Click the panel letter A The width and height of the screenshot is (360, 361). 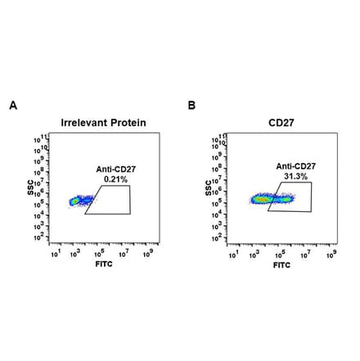(11, 106)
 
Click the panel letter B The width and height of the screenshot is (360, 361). (191, 106)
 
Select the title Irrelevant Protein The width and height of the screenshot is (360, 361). (103, 123)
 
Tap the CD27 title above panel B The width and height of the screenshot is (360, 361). (281, 123)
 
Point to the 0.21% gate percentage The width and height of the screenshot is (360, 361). (112, 177)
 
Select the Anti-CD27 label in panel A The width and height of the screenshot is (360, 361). (112, 168)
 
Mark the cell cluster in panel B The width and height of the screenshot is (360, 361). (266, 198)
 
